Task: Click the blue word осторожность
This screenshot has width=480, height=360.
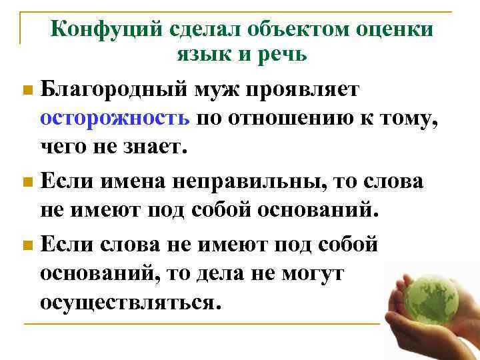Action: pos(115,118)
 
